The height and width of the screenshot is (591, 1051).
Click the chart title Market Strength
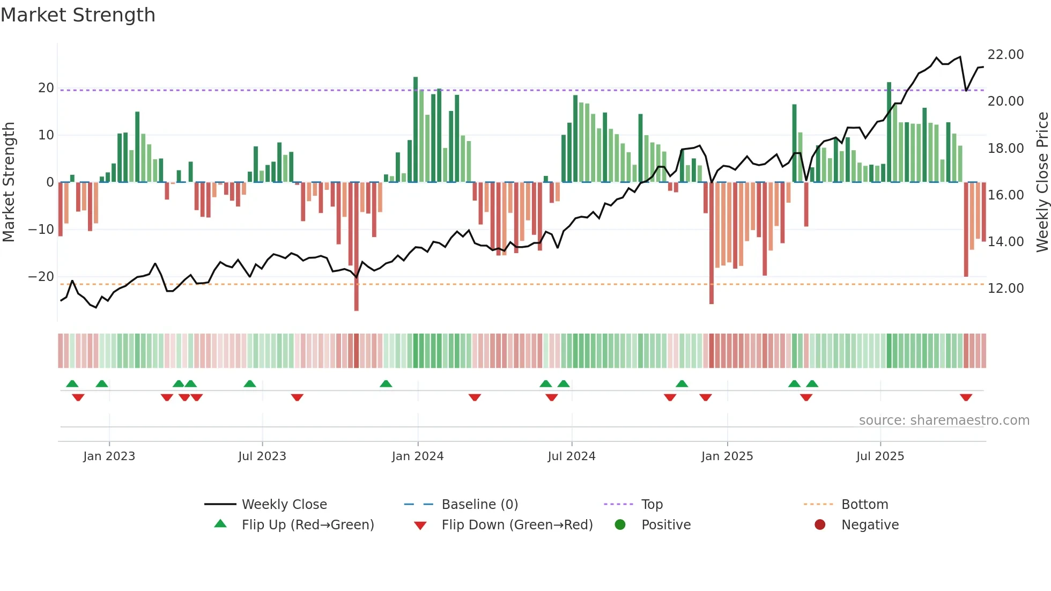pos(78,15)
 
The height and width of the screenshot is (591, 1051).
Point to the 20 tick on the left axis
pos(46,88)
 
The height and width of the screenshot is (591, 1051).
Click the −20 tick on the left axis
pos(41,277)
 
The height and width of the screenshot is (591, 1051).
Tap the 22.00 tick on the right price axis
pos(1005,55)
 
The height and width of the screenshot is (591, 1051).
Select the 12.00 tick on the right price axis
pos(1005,289)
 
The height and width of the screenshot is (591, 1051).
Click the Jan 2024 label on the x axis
pos(418,456)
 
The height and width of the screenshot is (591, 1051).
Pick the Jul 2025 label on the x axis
pos(880,456)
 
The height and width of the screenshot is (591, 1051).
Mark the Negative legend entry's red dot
pos(820,524)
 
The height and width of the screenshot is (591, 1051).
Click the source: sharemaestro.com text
pos(944,420)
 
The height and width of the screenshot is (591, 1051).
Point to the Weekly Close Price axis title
pos(1042,182)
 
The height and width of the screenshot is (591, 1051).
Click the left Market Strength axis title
pos(9,182)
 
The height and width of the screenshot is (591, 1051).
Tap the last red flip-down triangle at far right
pos(966,397)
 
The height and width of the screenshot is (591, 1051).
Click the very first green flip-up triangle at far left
pos(72,383)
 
